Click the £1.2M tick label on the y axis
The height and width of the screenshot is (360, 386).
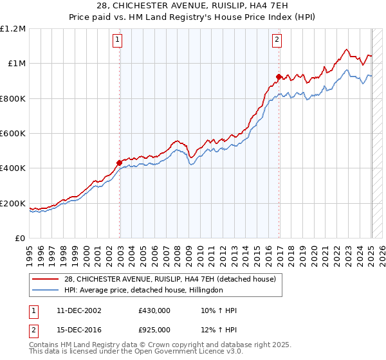(x=13, y=28)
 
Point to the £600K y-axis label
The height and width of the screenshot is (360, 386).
(x=13, y=134)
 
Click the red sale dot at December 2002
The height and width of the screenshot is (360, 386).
(x=119, y=163)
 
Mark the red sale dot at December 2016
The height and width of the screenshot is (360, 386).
(x=279, y=76)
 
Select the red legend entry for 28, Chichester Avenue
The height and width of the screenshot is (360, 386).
(x=170, y=279)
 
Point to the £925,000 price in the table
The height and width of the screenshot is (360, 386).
(x=154, y=329)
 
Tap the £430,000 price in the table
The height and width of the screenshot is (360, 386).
(x=154, y=311)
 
